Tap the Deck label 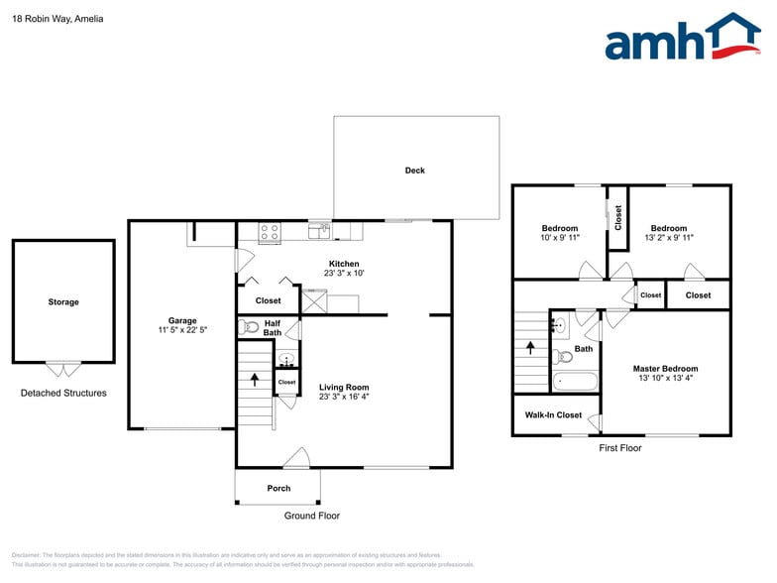click(x=414, y=171)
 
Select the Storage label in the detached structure click(x=63, y=302)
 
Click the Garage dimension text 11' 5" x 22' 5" click(x=182, y=330)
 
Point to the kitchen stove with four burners click(x=270, y=233)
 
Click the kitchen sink click(x=319, y=232)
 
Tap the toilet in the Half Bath click(x=250, y=326)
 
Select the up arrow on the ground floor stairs click(x=255, y=379)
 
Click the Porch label click(x=279, y=488)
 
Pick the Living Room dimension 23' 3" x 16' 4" click(x=344, y=397)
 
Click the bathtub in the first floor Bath click(x=574, y=381)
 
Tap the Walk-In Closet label click(x=553, y=415)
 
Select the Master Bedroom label click(x=665, y=369)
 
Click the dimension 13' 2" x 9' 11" click(x=669, y=238)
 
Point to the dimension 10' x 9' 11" click(x=559, y=238)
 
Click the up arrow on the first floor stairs click(x=530, y=348)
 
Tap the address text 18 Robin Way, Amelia click(x=57, y=19)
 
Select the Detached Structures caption click(x=63, y=394)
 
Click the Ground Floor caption click(x=312, y=516)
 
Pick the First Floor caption click(x=620, y=448)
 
